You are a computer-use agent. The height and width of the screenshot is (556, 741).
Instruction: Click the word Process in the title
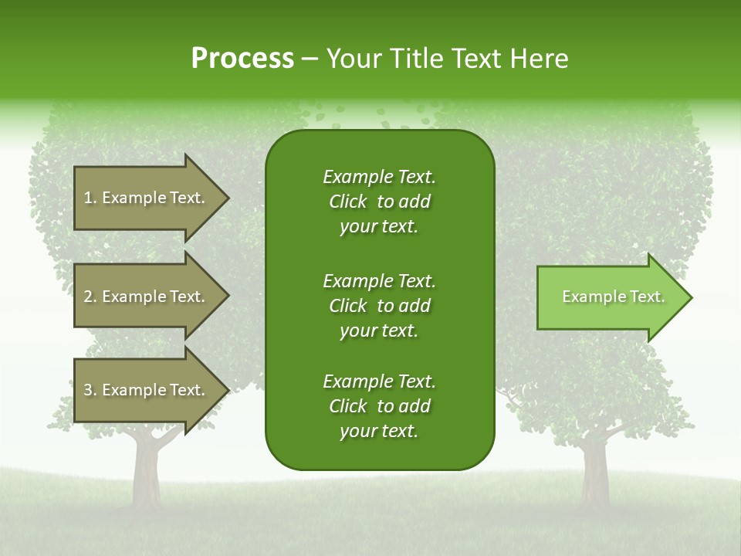(x=242, y=59)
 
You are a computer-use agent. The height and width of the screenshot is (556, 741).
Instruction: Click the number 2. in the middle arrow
(x=90, y=297)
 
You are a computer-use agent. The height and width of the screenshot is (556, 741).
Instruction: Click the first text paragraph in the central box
(x=379, y=202)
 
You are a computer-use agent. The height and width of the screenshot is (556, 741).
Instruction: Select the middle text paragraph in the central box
(x=379, y=306)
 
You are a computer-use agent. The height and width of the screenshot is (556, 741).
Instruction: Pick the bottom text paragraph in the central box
(x=379, y=406)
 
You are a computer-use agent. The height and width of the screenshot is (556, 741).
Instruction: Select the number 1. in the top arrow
(x=90, y=198)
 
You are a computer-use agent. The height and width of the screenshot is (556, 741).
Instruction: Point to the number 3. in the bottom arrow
(x=90, y=390)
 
